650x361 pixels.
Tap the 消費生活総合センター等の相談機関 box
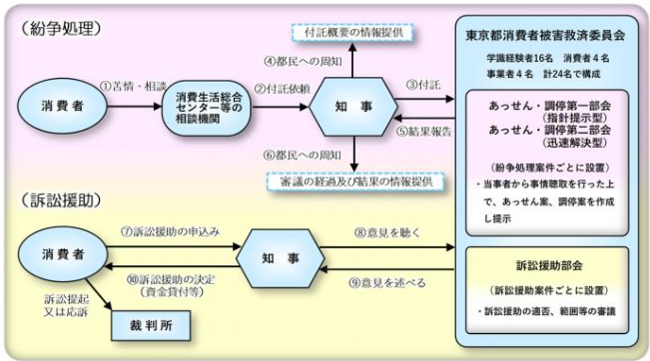tap(204, 105)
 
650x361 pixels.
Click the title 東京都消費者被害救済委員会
tap(545, 33)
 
